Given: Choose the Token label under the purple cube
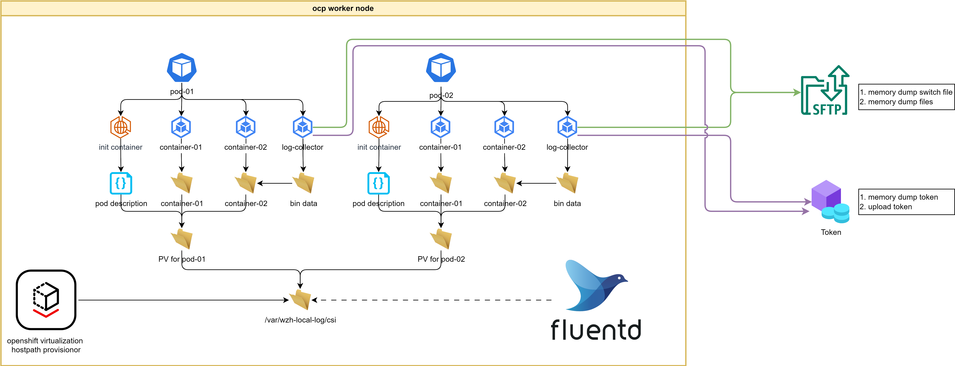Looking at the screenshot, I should click(x=831, y=232).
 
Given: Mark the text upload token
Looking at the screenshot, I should click(x=890, y=207).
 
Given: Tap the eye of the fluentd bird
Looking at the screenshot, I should click(x=619, y=278).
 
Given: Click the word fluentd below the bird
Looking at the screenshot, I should click(x=596, y=330).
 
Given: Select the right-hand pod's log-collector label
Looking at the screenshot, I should click(x=567, y=147).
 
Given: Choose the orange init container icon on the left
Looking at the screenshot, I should click(x=120, y=127).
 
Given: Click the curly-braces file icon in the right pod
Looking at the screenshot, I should click(x=379, y=183).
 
